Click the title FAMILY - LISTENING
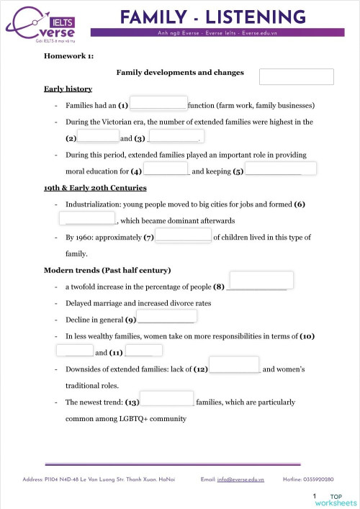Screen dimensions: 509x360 pos(212,17)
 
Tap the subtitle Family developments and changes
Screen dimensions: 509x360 pos(179,72)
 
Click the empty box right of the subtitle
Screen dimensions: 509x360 pos(296,76)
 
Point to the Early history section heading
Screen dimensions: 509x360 pos(68,89)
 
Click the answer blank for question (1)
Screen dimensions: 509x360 pos(158,104)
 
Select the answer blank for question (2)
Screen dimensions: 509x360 pos(98,136)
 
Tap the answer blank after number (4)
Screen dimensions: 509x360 pos(166,169)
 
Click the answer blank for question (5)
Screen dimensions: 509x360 pos(281,169)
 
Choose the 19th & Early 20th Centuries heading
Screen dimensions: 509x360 pos(95,188)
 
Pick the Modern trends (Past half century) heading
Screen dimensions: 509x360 pos(107,270)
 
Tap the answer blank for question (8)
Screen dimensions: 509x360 pos(261,280)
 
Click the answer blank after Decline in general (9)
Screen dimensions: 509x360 pos(166,317)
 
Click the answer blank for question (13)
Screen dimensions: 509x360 pos(167,400)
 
